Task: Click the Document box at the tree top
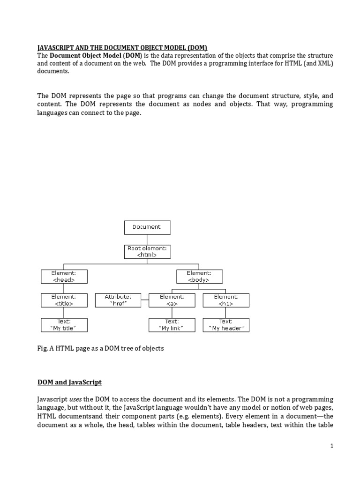[147, 227]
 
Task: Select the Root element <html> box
[147, 252]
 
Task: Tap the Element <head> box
[64, 276]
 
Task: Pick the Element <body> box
[199, 276]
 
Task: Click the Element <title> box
[64, 300]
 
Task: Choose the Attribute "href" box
[118, 300]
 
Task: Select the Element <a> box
[172, 300]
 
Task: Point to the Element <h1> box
[226, 300]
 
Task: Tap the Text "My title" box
[64, 325]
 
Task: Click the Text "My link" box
[172, 325]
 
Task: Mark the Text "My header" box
[226, 325]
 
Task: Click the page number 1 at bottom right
[331, 447]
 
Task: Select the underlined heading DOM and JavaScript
[69, 382]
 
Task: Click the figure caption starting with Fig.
[100, 349]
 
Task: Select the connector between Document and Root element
[147, 240]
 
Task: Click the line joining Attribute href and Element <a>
[145, 300]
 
